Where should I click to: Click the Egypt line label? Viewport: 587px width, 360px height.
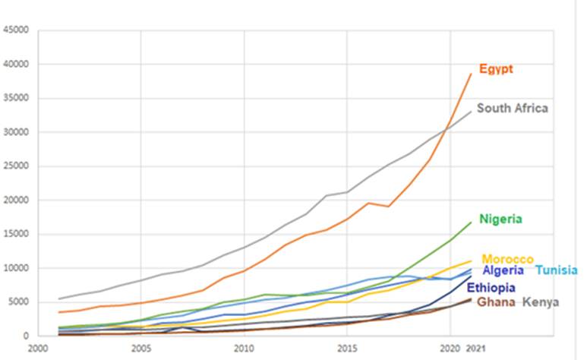(x=495, y=69)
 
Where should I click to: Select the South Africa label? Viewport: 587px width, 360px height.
(x=512, y=109)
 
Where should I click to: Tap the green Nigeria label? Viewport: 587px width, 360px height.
(x=500, y=219)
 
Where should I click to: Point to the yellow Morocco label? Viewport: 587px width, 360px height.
(x=507, y=260)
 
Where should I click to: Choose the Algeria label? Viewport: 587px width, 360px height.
(x=503, y=270)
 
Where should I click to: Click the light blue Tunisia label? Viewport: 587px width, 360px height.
(x=556, y=270)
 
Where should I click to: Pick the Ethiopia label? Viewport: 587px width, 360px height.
(x=491, y=288)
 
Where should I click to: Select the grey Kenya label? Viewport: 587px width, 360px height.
(x=541, y=302)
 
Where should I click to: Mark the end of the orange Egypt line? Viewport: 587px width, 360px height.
(x=471, y=74)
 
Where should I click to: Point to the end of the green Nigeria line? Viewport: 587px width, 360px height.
(x=471, y=223)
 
